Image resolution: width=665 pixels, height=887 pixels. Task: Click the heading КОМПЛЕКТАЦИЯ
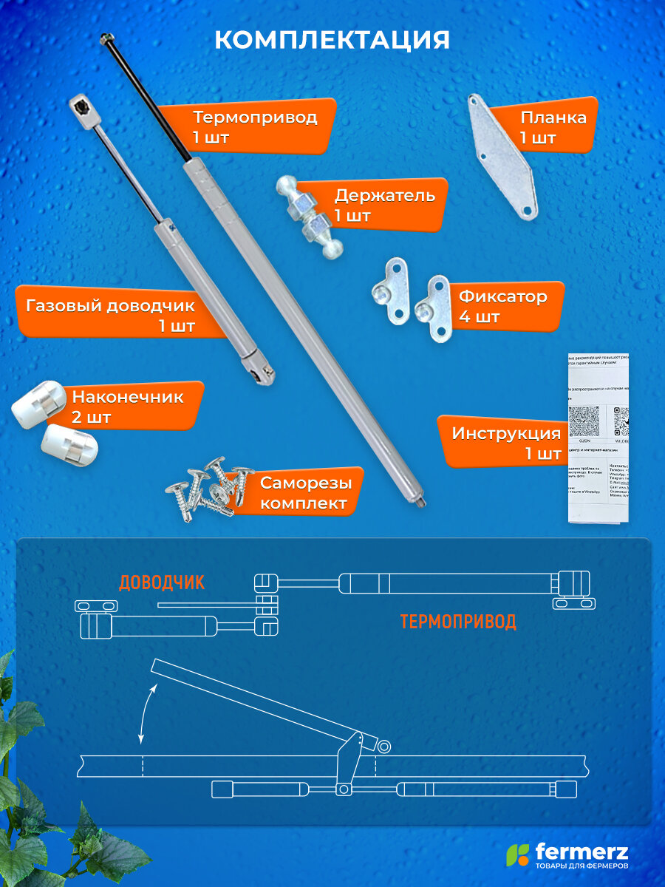(x=332, y=40)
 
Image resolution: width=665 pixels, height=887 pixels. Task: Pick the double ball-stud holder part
(x=310, y=217)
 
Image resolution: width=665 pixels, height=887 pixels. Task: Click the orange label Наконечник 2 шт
(x=129, y=407)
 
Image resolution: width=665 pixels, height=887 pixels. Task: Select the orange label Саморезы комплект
(x=303, y=493)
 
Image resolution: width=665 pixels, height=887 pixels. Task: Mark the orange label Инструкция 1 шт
(x=505, y=443)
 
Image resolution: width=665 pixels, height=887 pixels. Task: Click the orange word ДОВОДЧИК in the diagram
(x=162, y=582)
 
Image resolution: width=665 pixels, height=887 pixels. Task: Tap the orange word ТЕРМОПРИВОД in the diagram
(x=458, y=621)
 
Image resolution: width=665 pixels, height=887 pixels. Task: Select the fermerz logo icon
(x=517, y=854)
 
